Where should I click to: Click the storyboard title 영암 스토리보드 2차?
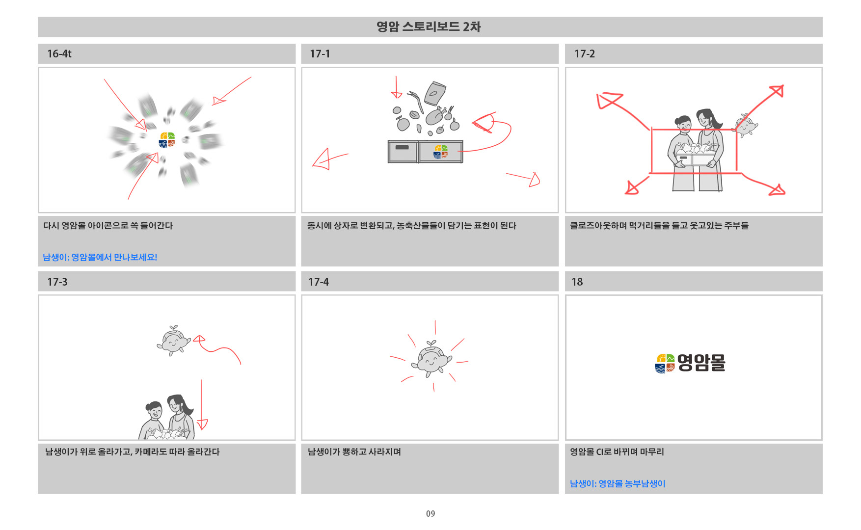coord(428,26)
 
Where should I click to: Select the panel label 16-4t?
coord(59,54)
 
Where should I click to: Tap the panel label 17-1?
coord(320,54)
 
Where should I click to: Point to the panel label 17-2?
coord(584,54)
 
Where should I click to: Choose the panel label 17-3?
coord(57,282)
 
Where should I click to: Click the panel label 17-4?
coord(319,282)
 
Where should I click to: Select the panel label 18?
coord(577,282)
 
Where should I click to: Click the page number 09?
coord(430,514)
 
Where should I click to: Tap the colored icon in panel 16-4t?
coord(167,140)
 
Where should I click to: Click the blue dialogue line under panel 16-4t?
coord(100,257)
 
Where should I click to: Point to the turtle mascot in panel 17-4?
coord(431,359)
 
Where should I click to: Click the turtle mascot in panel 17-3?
coord(173,341)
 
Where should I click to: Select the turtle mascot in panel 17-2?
coord(745,126)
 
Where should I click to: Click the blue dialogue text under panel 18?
coord(618,484)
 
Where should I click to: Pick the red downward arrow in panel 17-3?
coord(202,405)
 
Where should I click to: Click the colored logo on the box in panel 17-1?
coord(440,152)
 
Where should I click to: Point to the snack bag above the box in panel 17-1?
coord(435,93)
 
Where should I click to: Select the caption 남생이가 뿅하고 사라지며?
coord(354,452)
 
